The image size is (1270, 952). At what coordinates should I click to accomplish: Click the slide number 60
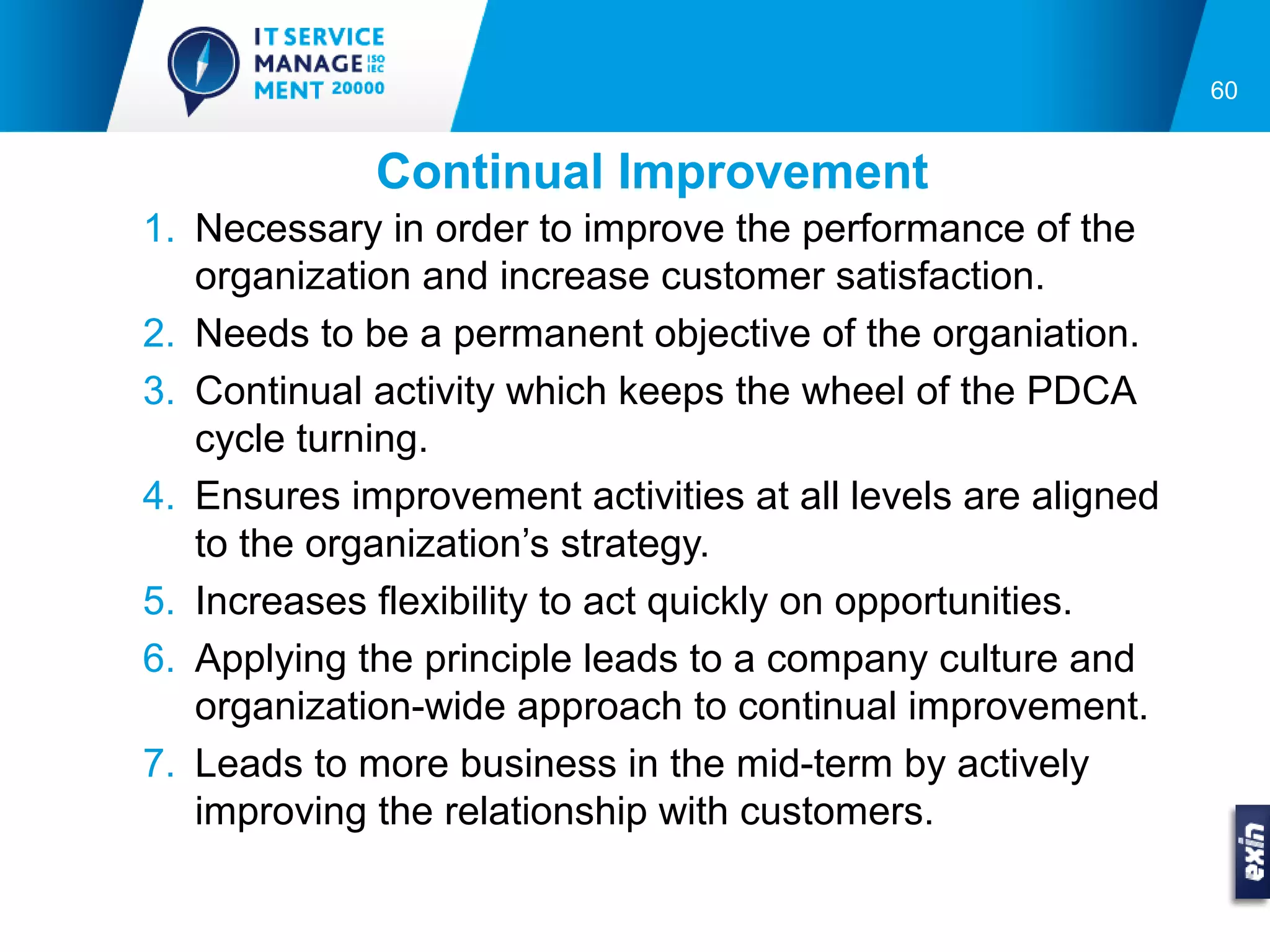point(1223,90)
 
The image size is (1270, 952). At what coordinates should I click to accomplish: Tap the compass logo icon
point(203,66)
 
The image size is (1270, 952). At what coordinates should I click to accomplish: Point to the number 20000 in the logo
point(358,89)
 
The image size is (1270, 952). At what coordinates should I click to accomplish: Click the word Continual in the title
point(489,172)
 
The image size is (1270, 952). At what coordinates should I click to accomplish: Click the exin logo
point(1252,852)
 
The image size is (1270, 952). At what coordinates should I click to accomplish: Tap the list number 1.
point(159,228)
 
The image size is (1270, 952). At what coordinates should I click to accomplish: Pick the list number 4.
point(159,496)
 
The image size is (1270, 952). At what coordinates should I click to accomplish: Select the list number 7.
point(159,763)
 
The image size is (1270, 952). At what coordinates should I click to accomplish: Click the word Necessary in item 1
point(288,229)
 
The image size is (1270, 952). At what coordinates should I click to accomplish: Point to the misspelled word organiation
point(1035,335)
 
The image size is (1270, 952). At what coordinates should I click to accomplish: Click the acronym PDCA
point(1081,391)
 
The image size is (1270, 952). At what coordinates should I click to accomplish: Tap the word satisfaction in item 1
point(939,276)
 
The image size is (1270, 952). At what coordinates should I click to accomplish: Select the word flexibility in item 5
point(453,601)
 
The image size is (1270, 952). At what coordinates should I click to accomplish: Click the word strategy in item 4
point(634,544)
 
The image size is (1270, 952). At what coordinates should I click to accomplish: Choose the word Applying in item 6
point(271,659)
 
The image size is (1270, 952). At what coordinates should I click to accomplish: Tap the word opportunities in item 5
point(952,602)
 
